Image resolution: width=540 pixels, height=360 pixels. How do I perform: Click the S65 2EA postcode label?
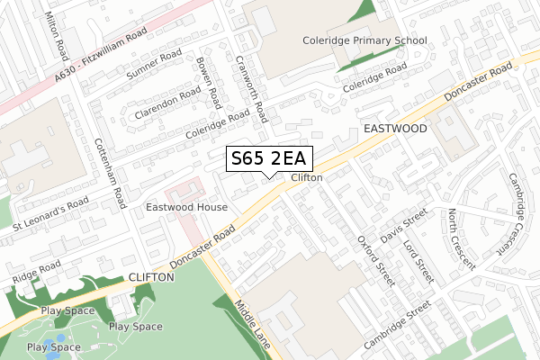tap(268, 159)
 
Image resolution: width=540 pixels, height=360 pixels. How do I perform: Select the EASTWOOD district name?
tap(395, 130)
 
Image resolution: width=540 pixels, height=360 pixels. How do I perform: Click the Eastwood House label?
tap(187, 207)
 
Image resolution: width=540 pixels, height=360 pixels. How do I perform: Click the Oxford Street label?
tap(375, 261)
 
